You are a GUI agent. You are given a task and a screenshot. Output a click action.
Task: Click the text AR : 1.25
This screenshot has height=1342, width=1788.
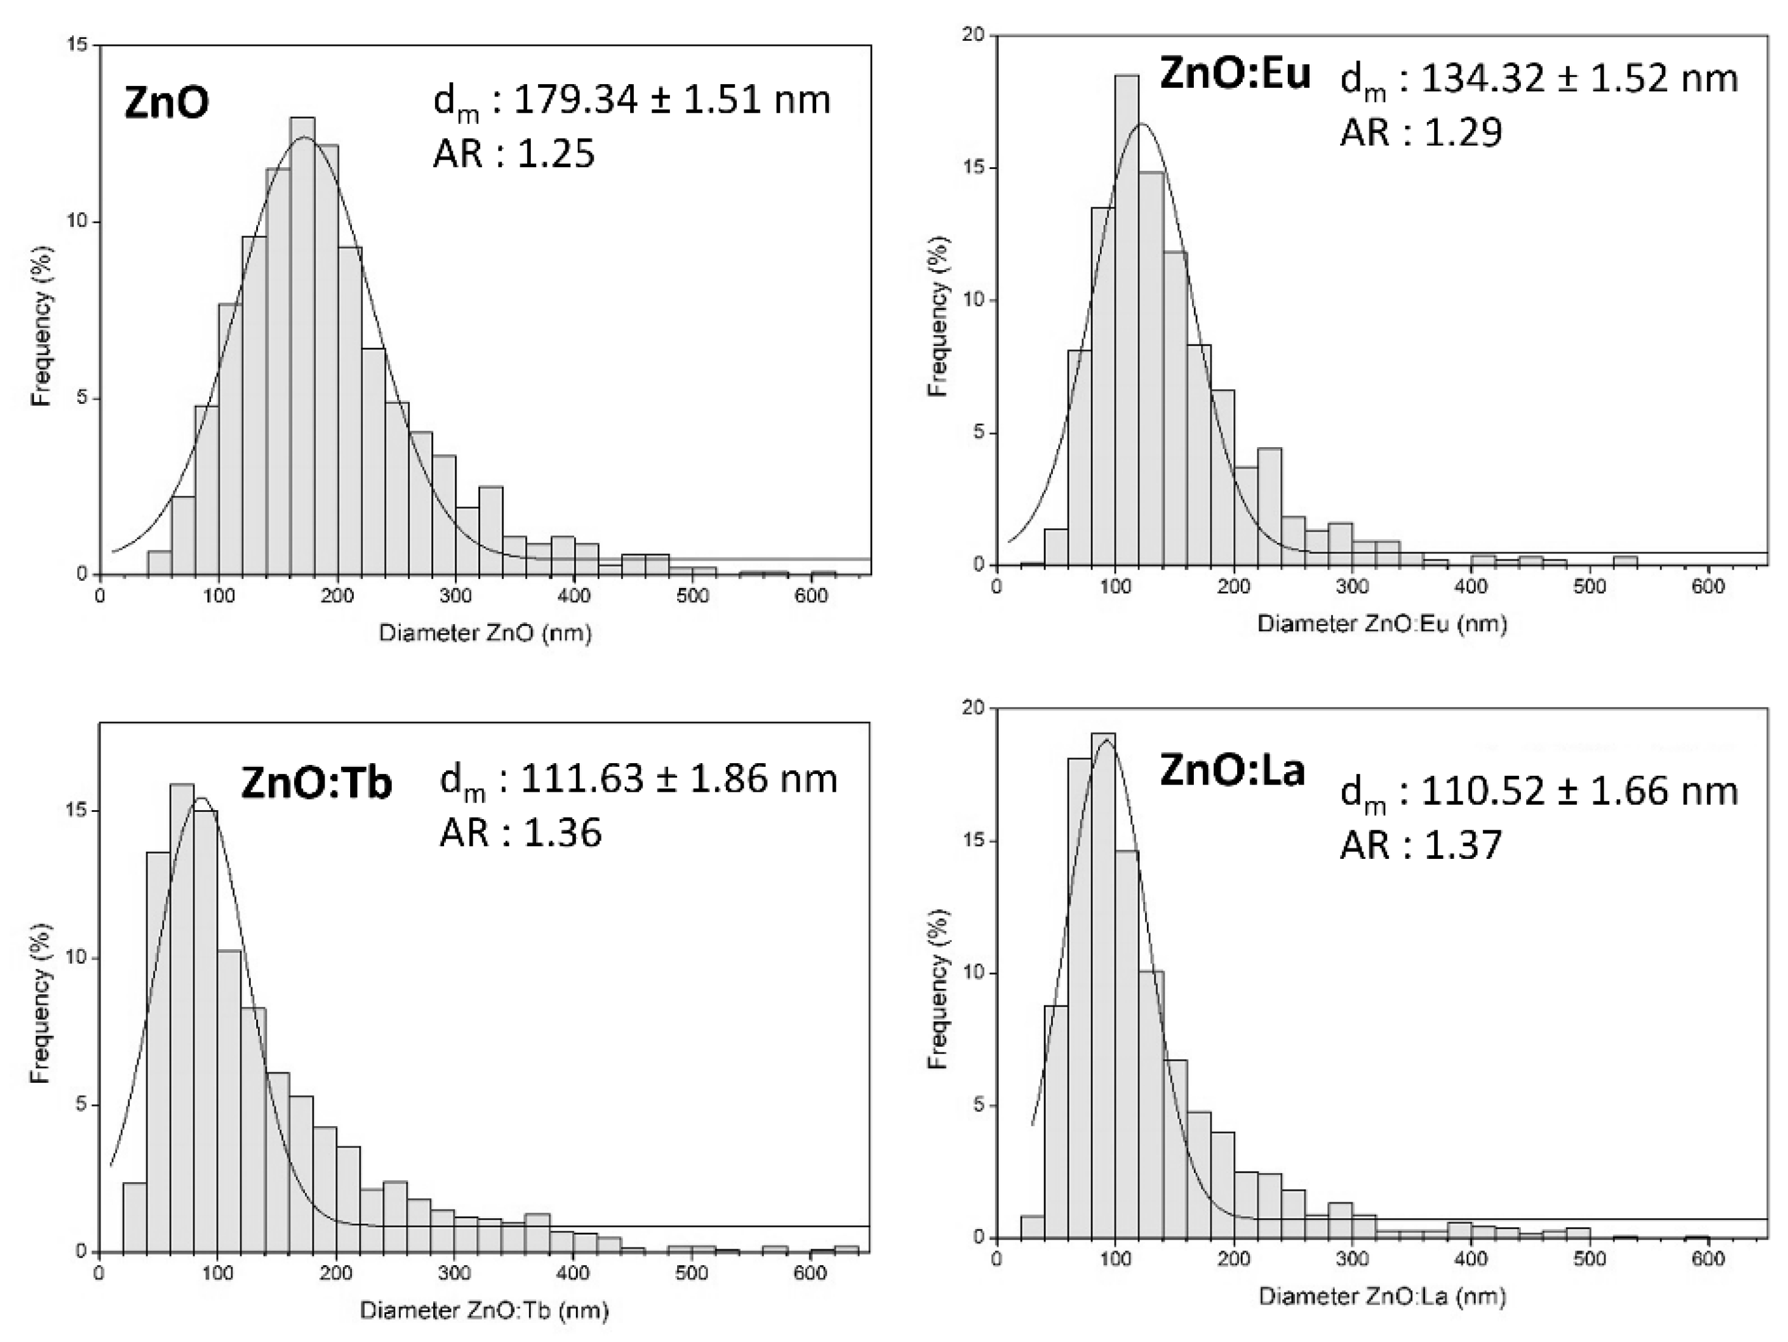(x=514, y=152)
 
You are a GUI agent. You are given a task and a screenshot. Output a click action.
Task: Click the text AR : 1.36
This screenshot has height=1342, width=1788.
(x=520, y=832)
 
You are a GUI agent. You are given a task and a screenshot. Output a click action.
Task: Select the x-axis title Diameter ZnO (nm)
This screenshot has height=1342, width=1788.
(x=485, y=633)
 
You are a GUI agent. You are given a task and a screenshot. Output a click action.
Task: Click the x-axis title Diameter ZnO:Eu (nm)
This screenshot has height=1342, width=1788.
(x=1382, y=623)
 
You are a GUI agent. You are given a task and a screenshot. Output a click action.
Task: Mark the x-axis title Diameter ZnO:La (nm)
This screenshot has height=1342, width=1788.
(x=1382, y=1297)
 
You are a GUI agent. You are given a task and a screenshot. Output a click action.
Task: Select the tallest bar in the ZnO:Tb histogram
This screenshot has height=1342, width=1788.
(x=182, y=1019)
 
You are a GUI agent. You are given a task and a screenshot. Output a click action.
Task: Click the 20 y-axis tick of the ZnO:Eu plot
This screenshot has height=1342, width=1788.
(x=977, y=35)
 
